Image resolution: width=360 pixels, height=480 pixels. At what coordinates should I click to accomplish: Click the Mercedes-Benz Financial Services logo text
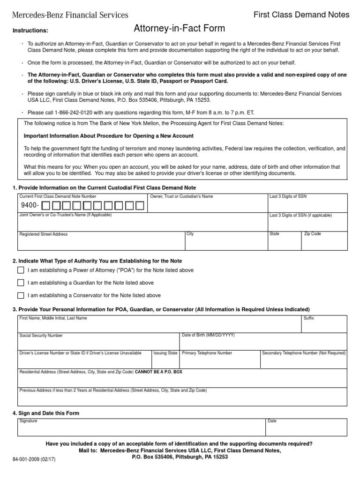(x=70, y=15)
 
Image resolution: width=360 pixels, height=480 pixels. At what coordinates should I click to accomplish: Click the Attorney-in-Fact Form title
(x=180, y=29)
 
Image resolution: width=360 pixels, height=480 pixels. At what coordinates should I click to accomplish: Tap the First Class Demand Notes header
(x=301, y=15)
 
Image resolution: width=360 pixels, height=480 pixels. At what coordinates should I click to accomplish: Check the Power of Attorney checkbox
(x=21, y=270)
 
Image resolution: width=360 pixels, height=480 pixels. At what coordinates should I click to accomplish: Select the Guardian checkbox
(x=21, y=283)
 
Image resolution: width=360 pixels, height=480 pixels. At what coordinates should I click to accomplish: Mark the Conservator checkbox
(x=21, y=295)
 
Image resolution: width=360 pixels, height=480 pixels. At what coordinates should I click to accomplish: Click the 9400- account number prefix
(x=30, y=205)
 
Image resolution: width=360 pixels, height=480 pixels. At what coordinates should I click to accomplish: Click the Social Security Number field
(x=98, y=344)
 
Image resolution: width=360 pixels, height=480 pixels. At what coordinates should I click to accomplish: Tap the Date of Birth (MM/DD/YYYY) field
(x=262, y=344)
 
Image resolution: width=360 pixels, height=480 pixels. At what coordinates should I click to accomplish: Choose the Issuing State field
(x=165, y=361)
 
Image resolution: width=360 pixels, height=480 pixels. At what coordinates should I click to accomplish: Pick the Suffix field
(x=325, y=326)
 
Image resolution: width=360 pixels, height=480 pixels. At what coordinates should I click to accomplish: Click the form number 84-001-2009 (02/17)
(x=33, y=459)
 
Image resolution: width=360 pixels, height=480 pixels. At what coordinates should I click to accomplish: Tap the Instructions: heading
(x=30, y=30)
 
